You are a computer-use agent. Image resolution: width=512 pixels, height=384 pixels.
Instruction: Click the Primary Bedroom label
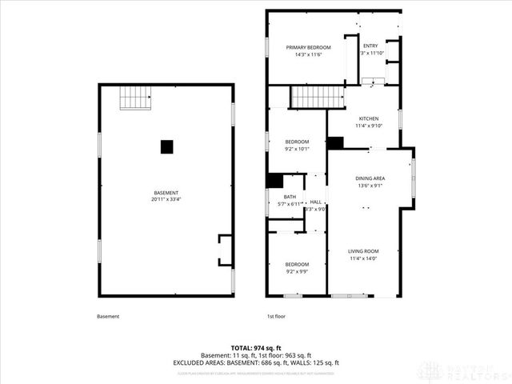point(309,47)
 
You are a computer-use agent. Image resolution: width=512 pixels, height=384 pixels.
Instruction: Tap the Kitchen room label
point(369,118)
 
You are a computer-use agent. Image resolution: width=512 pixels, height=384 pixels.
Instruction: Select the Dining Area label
point(370,178)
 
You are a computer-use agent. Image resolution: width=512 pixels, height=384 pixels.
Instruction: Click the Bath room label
point(290,197)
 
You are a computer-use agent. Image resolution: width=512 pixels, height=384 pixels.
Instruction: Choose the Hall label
point(316,202)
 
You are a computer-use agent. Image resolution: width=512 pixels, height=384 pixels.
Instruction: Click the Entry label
point(370,46)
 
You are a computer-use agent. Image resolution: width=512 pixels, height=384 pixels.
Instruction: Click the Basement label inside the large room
point(166,193)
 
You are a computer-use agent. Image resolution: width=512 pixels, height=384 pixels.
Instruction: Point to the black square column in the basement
point(166,146)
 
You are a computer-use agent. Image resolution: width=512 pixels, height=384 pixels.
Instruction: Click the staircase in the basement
point(136,98)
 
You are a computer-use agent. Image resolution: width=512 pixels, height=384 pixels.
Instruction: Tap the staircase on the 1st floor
point(317,98)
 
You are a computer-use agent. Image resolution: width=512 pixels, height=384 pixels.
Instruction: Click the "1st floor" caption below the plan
point(276,316)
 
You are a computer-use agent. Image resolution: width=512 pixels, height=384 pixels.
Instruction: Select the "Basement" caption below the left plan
point(108,316)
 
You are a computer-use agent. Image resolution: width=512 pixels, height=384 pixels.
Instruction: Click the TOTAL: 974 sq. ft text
point(255,349)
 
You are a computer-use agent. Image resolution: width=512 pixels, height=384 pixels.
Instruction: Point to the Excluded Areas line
point(255,362)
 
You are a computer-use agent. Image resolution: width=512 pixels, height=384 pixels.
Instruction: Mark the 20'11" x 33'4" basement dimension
point(166,199)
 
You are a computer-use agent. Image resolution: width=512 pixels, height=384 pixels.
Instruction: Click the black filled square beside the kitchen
point(336,142)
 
